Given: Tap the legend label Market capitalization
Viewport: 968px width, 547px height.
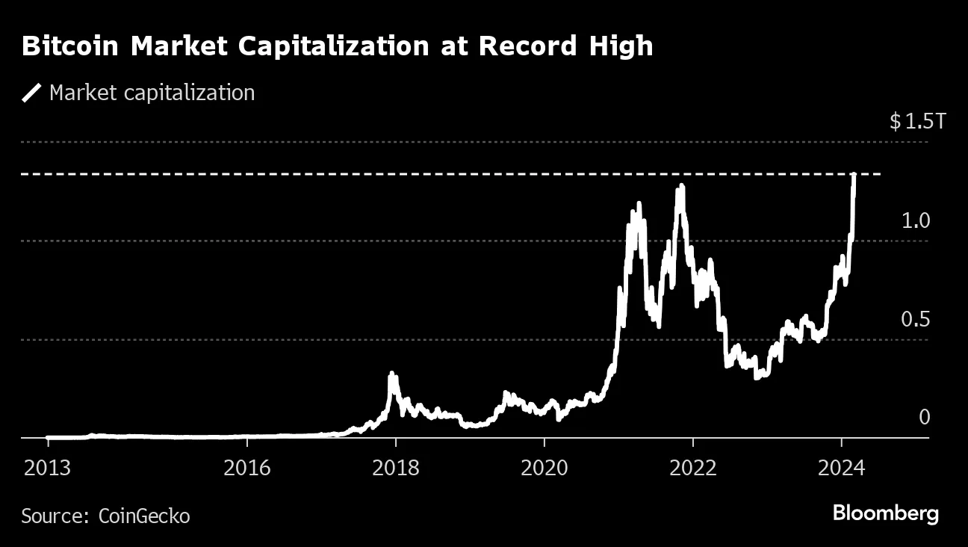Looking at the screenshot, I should tap(152, 93).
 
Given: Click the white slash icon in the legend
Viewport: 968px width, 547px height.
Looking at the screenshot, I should tap(32, 93).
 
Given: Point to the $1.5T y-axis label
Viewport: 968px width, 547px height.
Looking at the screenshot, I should tap(917, 122).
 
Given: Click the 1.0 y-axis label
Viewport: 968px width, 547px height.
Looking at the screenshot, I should tap(916, 221).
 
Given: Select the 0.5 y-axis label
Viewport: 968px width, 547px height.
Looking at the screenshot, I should tap(916, 320).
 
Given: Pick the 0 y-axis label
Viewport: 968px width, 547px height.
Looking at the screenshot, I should tap(925, 417).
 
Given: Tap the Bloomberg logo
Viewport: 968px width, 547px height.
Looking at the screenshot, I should tap(885, 514).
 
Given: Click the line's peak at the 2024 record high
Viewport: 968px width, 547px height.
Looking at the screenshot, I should tap(854, 175).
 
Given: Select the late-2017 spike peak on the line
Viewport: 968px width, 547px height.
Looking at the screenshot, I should tap(391, 374).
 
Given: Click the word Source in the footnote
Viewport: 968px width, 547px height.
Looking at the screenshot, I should tap(51, 516).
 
